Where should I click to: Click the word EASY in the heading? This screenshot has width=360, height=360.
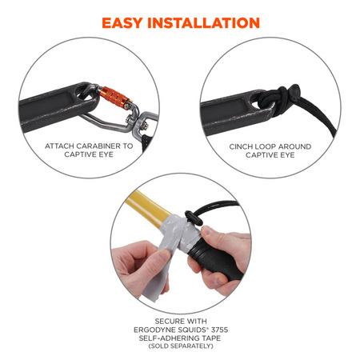[122, 23]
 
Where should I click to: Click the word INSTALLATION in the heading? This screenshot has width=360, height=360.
[204, 23]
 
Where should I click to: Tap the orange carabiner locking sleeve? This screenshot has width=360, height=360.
[115, 98]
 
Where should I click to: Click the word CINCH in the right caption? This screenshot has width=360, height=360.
[241, 146]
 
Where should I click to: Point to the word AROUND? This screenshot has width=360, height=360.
[294, 146]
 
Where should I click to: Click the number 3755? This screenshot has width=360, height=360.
[218, 330]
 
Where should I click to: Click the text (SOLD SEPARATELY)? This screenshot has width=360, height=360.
[181, 346]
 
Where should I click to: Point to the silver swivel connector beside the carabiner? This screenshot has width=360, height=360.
[145, 122]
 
